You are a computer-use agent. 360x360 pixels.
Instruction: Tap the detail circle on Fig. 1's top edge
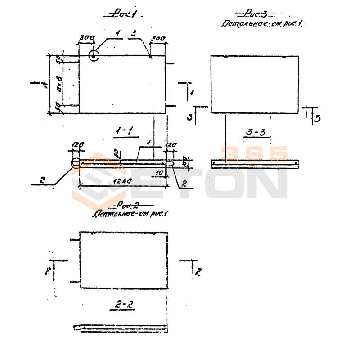click(x=94, y=55)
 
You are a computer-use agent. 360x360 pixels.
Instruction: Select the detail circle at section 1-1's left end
click(x=76, y=163)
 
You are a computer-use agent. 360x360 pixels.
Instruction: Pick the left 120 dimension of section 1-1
click(x=77, y=145)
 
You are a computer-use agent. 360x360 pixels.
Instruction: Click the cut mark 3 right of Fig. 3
click(x=317, y=118)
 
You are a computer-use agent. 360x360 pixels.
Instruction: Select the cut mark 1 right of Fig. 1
click(x=192, y=92)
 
